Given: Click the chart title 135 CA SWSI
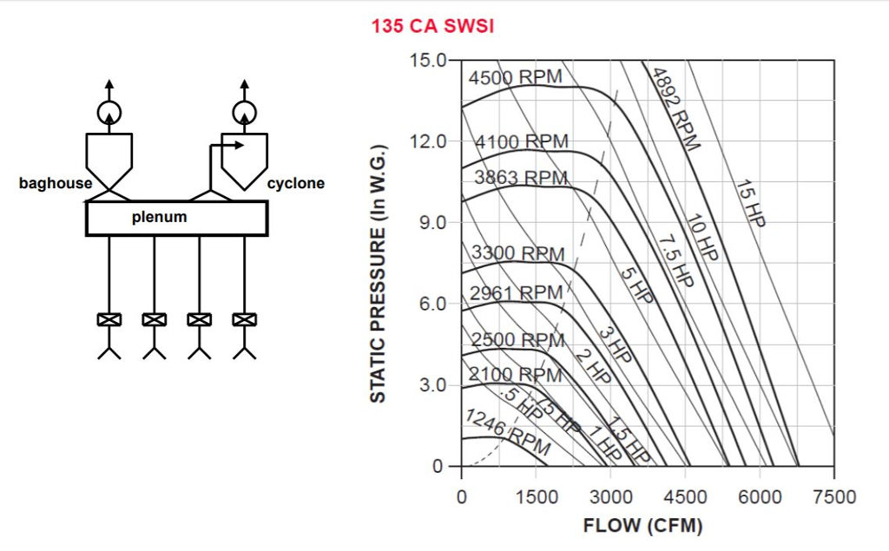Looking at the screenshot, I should [432, 26].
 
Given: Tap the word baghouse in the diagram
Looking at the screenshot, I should [56, 184].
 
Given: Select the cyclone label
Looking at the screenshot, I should [295, 184].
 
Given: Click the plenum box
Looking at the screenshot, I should [176, 218].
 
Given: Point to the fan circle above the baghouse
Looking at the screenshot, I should [109, 112].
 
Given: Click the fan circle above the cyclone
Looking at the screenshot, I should [244, 112].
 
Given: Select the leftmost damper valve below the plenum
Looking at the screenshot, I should [109, 319].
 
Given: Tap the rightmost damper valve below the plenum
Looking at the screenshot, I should [244, 319].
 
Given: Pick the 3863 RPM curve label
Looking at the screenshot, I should [521, 178].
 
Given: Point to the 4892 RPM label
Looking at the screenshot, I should [675, 108].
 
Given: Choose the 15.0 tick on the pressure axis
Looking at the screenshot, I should [428, 61].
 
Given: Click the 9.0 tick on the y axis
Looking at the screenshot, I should [431, 223].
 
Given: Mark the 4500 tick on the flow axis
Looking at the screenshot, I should [685, 497].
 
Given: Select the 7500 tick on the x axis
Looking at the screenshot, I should [833, 497].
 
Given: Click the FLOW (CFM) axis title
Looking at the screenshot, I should [642, 526].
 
